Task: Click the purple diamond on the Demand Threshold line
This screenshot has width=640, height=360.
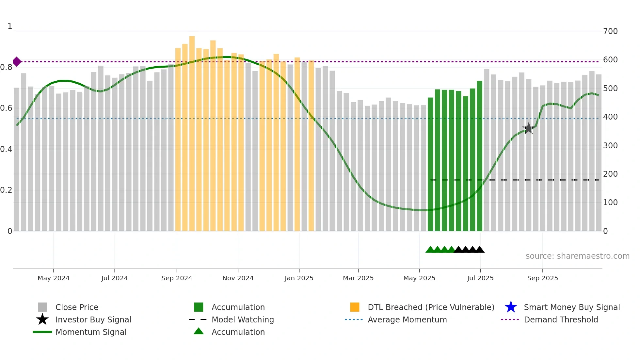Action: [17, 61]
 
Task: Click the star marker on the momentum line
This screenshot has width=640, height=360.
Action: [529, 128]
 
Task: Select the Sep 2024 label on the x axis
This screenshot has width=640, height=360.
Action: [177, 278]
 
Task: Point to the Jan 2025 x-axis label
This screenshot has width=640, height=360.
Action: [299, 278]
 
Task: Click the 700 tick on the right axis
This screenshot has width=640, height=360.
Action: [610, 31]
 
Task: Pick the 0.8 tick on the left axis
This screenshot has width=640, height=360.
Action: [6, 67]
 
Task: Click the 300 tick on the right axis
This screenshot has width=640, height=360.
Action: [610, 146]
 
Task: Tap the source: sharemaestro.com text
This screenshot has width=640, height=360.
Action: [577, 256]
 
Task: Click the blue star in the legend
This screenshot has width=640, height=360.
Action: [511, 307]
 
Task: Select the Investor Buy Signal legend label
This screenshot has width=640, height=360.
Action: [93, 319]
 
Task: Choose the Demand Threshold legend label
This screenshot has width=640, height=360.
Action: [561, 319]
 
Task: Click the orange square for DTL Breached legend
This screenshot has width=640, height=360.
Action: [355, 307]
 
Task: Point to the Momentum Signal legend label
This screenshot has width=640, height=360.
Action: [91, 332]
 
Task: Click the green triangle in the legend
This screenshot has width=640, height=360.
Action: [199, 331]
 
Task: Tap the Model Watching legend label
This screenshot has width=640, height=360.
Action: [243, 319]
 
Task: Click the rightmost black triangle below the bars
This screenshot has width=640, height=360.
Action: [480, 250]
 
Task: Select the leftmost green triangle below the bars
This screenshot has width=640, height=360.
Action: [430, 250]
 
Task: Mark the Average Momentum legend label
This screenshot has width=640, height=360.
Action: [407, 319]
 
